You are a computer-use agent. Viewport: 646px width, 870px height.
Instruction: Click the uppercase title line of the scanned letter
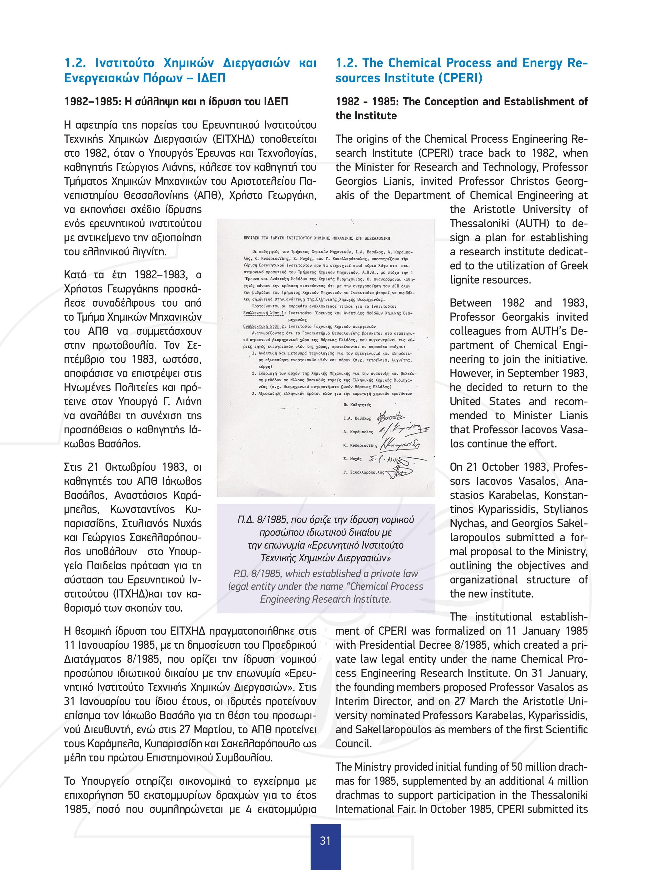[x=317, y=238]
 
